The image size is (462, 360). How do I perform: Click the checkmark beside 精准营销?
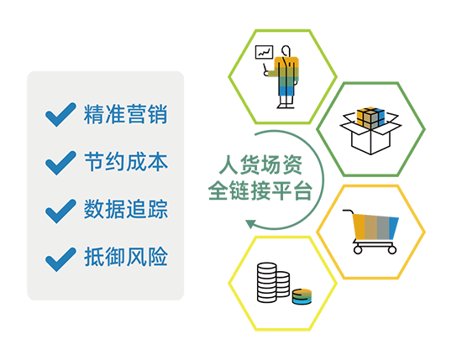(x=60, y=114)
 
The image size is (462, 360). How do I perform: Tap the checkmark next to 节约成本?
(x=60, y=163)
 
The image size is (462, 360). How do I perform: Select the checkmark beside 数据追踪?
(x=60, y=211)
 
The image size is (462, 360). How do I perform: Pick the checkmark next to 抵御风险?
(x=60, y=259)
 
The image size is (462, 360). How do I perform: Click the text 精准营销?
(x=126, y=114)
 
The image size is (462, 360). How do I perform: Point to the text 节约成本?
(x=126, y=162)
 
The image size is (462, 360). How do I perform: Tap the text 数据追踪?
(x=126, y=209)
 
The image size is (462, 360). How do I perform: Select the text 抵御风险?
(x=126, y=257)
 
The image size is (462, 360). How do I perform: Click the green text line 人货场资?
(x=260, y=164)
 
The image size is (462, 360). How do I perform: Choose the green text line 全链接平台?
(x=260, y=190)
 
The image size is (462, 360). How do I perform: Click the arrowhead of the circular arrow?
(x=250, y=224)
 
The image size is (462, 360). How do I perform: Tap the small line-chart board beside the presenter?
(x=264, y=52)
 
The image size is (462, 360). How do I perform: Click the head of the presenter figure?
(x=286, y=50)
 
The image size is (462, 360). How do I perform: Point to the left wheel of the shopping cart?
(x=358, y=250)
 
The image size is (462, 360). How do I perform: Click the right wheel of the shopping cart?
(x=392, y=250)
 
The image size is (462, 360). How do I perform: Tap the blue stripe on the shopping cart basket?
(x=394, y=228)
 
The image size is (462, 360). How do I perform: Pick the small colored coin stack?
(x=302, y=296)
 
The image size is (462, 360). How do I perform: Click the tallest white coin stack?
(x=267, y=283)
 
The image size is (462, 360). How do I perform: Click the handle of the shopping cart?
(x=348, y=211)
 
